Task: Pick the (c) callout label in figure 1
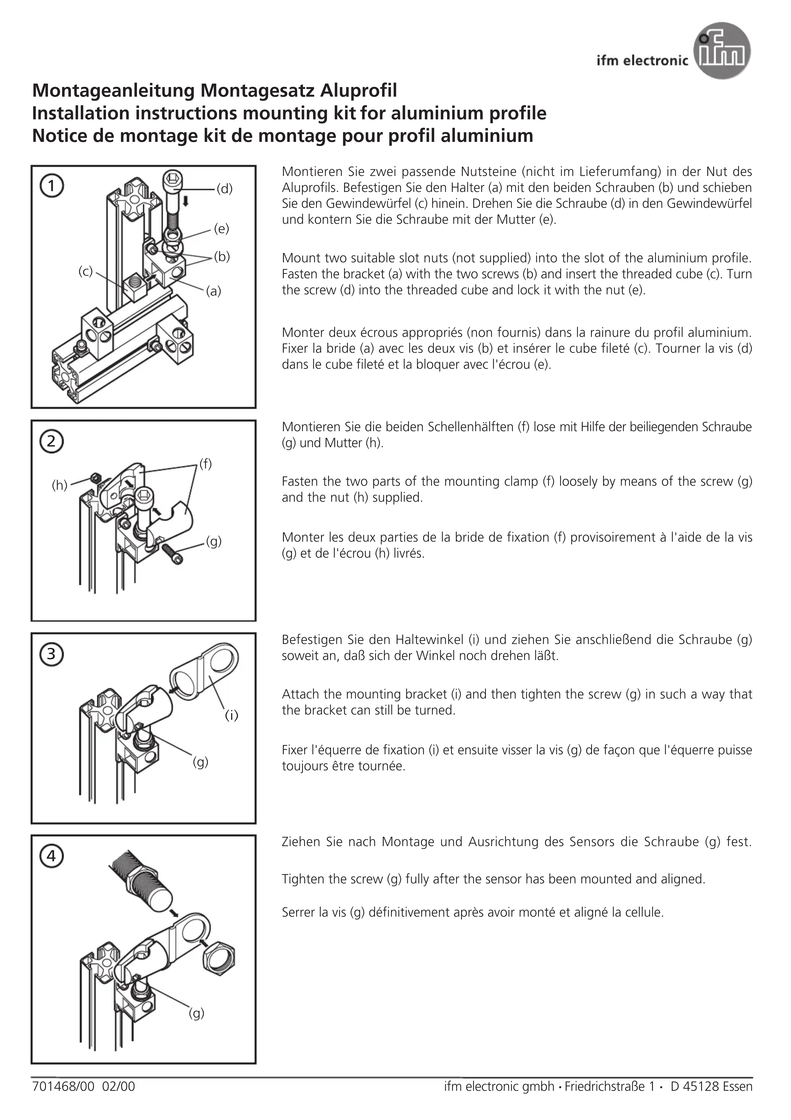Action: pos(85,272)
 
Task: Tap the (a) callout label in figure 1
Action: pos(214,291)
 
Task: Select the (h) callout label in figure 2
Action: pos(60,485)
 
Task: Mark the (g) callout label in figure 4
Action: pos(196,1014)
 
